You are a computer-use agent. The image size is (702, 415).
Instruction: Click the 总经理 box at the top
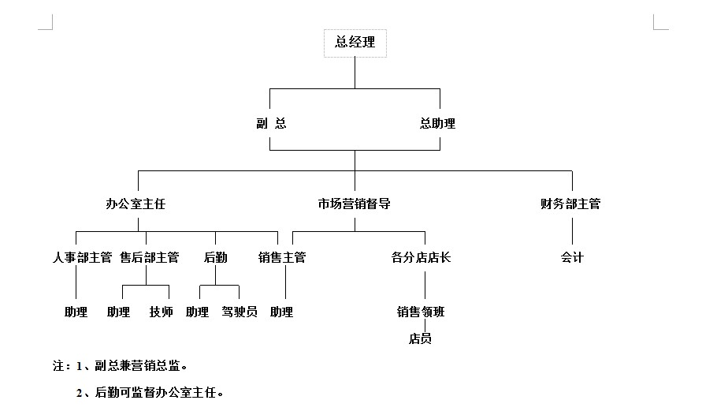click(355, 43)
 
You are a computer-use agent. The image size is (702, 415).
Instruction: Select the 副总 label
click(271, 123)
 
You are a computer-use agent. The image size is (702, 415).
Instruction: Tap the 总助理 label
click(437, 123)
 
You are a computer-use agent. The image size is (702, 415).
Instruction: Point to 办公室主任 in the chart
click(136, 204)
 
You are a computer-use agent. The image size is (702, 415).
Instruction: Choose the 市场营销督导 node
click(354, 204)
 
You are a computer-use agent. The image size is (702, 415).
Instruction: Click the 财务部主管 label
click(570, 204)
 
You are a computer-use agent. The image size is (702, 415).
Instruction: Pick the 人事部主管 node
click(83, 258)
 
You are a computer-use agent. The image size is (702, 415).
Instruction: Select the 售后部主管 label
click(150, 258)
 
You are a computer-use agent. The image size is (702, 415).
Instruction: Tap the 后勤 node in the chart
click(215, 258)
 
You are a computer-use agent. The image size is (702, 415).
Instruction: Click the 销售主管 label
click(282, 258)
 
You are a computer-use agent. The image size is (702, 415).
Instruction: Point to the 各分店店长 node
click(421, 258)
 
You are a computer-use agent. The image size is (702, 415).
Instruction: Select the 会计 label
click(572, 258)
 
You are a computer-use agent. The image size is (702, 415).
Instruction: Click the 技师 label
click(162, 312)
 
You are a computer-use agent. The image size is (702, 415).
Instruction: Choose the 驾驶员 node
click(240, 312)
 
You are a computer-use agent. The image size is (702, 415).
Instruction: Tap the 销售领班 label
click(421, 312)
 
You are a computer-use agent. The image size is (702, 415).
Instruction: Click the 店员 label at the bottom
click(420, 338)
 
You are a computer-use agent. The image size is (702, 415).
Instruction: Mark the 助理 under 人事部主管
click(76, 312)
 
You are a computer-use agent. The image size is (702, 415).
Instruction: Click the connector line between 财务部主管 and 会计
click(572, 231)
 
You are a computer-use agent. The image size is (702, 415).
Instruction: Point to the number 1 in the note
click(80, 366)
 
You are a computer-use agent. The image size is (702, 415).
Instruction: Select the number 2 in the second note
click(80, 393)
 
